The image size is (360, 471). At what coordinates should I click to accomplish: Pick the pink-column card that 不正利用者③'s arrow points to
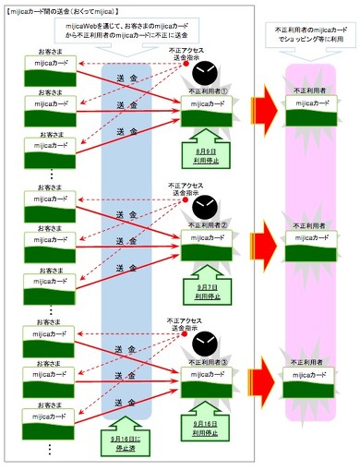click(308, 378)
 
